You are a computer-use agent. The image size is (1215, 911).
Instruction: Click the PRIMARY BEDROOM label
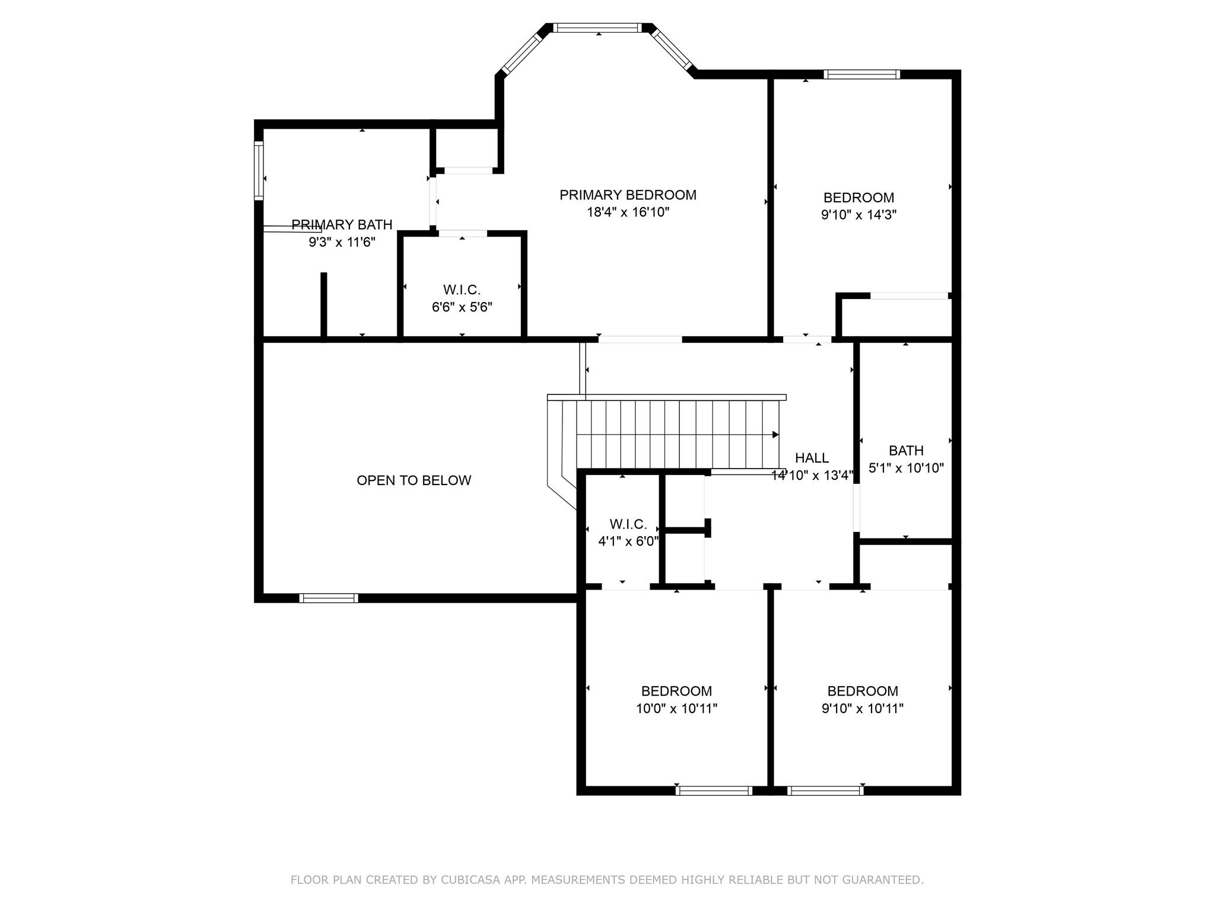tap(628, 195)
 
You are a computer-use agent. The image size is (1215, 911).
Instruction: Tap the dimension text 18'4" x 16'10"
tap(628, 212)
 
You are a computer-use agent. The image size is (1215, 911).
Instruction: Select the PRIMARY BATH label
tap(342, 225)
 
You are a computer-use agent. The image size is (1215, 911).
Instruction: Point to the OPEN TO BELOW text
tap(414, 480)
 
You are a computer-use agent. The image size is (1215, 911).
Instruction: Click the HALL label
tap(812, 458)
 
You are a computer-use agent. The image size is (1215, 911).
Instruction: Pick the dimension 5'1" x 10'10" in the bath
tap(906, 468)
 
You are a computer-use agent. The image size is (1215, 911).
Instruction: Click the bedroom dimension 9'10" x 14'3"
tap(858, 215)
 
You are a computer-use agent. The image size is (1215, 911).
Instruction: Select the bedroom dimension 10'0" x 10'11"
tap(676, 708)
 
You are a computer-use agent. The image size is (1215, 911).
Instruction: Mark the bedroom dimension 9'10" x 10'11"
tap(863, 708)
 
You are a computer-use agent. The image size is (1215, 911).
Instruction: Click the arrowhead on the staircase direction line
tap(775, 435)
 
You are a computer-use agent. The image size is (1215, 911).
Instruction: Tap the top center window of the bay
tap(597, 27)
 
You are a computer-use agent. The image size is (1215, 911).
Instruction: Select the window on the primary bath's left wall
tap(259, 170)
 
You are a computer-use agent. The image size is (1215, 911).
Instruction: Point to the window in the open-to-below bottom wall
tap(329, 598)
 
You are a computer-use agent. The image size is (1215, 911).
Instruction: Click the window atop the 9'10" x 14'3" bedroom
tap(861, 74)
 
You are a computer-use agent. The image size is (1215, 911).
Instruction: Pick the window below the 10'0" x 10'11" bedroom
tap(714, 791)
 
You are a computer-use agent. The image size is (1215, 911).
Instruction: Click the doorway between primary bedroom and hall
tap(640, 340)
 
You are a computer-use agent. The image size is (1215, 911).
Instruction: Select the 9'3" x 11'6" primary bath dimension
tap(342, 242)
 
